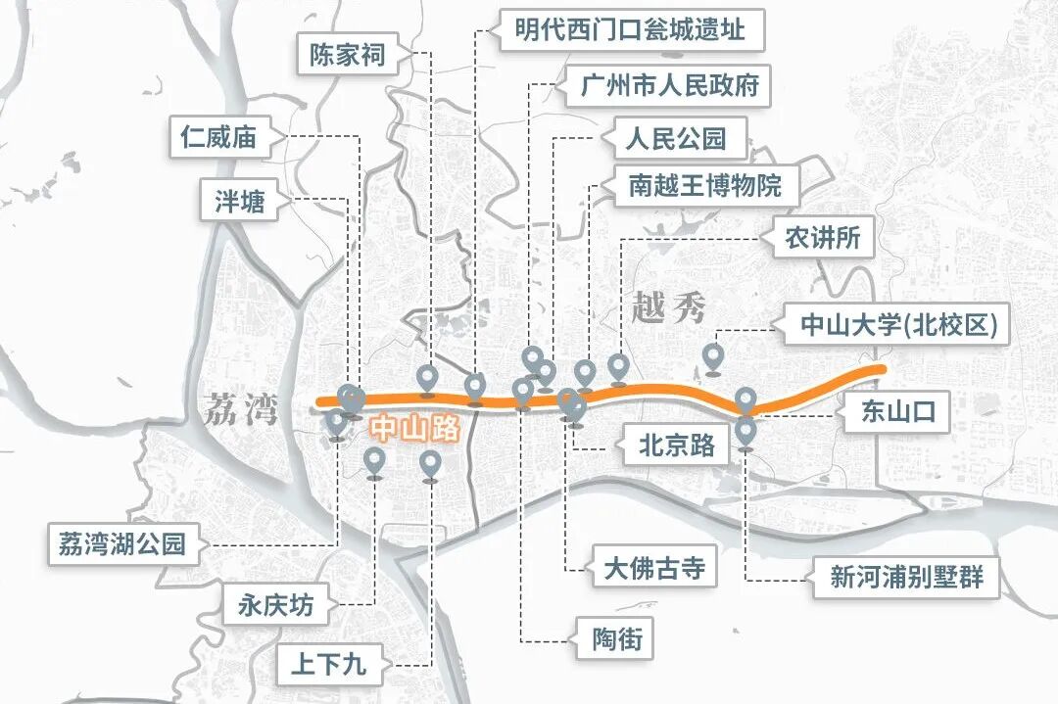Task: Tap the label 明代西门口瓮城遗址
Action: coord(630,30)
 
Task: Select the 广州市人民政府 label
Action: coord(670,85)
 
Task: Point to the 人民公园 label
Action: coord(676,138)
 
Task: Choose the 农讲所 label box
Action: coord(823,238)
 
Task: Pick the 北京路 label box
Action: coord(677,446)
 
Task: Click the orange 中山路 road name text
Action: coord(414,430)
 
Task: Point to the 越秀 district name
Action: coord(669,308)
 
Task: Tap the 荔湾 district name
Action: coord(240,409)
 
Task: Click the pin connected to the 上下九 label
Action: coord(430,464)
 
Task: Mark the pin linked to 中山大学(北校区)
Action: coord(713,356)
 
